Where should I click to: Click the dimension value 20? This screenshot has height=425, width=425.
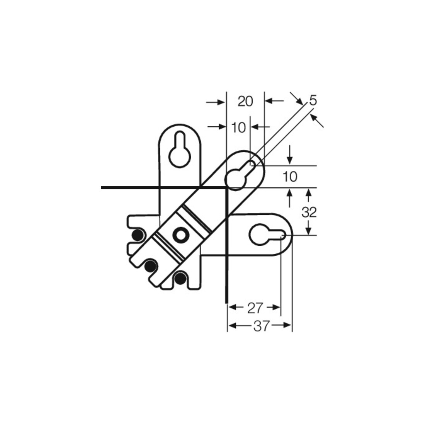[245, 101]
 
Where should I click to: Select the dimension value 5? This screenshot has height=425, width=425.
[313, 100]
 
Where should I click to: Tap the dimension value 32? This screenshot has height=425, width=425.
[309, 212]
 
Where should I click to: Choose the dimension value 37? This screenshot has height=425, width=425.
[262, 326]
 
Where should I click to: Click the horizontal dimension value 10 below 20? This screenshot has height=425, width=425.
[238, 127]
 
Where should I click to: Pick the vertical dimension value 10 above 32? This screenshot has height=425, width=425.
[290, 177]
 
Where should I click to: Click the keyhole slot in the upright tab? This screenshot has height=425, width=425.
[180, 153]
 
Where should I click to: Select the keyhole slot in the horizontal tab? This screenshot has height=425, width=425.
[267, 235]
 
